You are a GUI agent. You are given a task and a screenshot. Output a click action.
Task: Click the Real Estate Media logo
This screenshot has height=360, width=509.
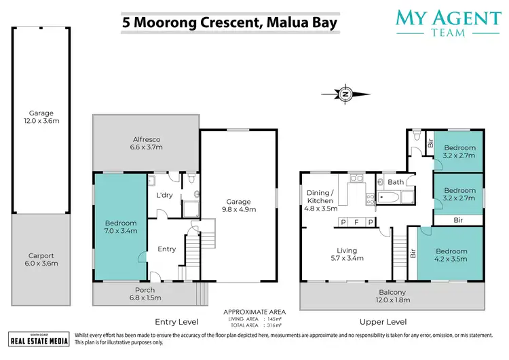(x=39, y=339)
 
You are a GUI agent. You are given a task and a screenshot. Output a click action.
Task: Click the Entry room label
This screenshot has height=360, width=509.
(x=167, y=249)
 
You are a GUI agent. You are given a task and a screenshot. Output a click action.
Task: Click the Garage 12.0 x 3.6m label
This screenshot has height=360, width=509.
(x=41, y=118)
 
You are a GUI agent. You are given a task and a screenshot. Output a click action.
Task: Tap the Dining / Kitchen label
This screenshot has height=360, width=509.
(x=320, y=196)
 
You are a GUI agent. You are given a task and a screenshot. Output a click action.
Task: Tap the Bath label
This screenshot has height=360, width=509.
(x=396, y=182)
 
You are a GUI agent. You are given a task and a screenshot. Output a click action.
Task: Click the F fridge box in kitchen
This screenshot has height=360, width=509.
(x=357, y=222)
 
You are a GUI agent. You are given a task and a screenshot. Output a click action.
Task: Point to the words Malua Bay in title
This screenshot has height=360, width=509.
(x=301, y=21)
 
